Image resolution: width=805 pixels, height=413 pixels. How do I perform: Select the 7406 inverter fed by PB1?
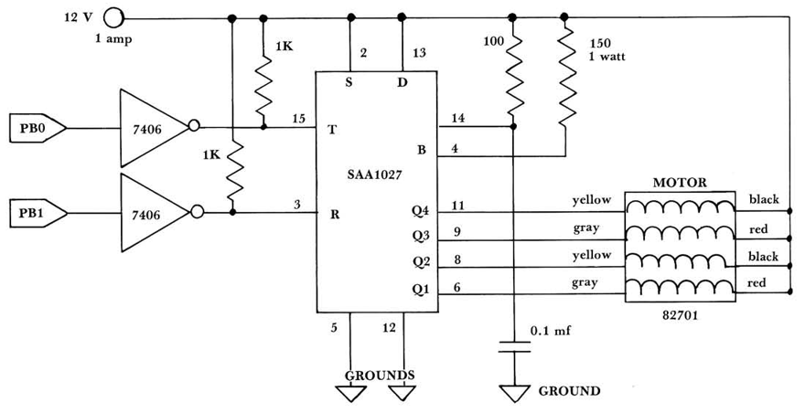tap(152, 213)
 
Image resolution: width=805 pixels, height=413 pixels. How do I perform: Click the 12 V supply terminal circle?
tap(113, 16)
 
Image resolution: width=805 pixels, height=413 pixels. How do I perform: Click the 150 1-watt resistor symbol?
tap(565, 78)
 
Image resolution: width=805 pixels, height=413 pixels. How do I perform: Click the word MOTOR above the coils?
tap(680, 183)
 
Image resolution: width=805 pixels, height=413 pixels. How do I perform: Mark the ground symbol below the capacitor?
tap(514, 394)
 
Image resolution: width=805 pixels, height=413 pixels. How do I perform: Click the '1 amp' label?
tap(113, 39)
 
